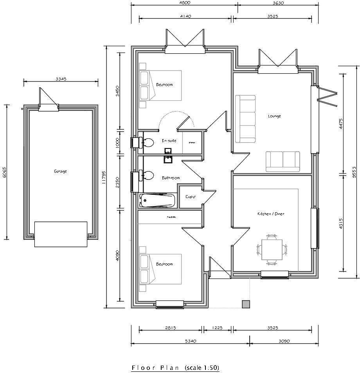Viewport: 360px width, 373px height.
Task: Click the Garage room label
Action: click(x=60, y=171)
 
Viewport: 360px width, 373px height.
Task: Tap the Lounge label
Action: click(x=274, y=116)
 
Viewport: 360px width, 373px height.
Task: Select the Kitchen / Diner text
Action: click(x=270, y=214)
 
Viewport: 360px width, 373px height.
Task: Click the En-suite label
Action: click(x=169, y=140)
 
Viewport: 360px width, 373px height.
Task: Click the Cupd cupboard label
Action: click(x=190, y=197)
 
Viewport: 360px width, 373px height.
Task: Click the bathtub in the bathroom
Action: click(x=157, y=200)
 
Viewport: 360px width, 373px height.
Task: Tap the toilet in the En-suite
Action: click(x=148, y=142)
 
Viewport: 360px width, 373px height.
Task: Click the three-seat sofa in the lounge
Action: click(x=245, y=119)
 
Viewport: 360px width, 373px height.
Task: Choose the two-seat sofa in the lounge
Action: click(x=283, y=161)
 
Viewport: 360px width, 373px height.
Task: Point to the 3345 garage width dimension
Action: click(x=61, y=79)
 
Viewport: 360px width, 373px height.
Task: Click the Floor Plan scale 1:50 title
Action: click(x=175, y=368)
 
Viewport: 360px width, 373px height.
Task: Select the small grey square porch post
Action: click(x=246, y=304)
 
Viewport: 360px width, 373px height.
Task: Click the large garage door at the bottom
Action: click(x=61, y=234)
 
